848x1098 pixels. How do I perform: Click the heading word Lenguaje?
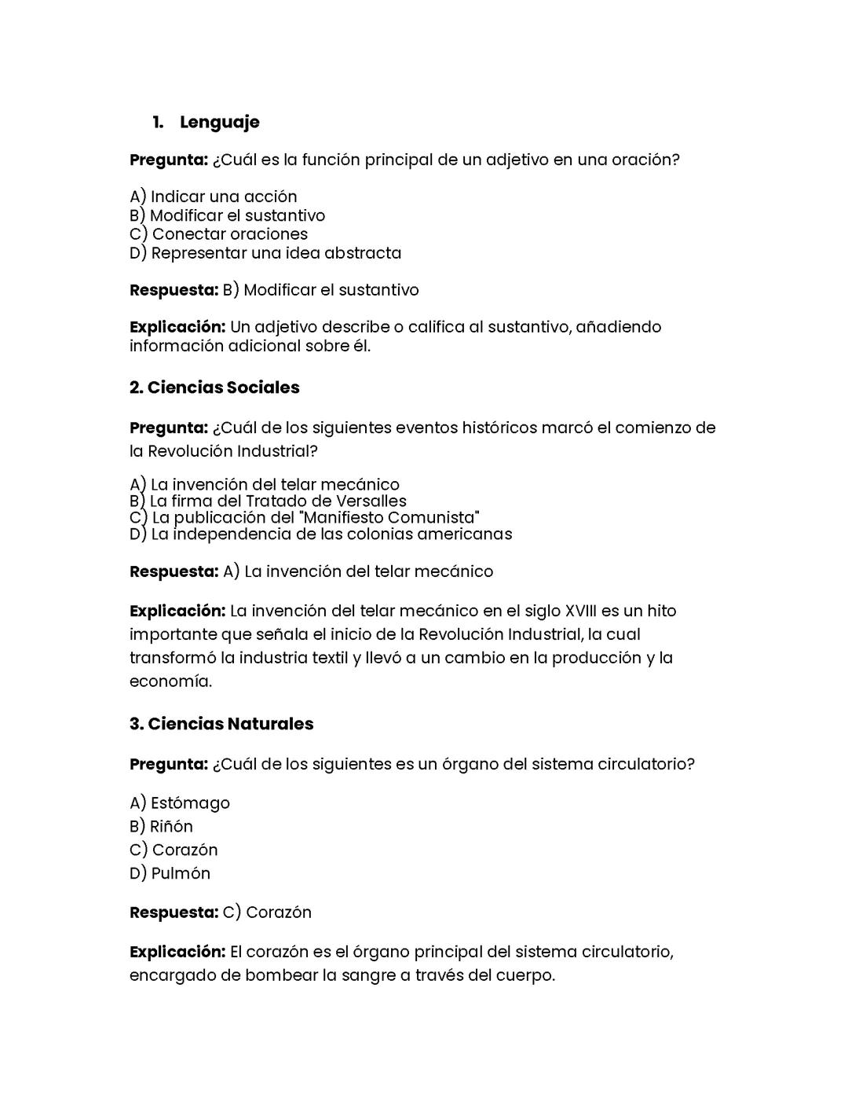pos(219,122)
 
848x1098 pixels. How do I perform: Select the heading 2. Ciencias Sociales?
pos(214,387)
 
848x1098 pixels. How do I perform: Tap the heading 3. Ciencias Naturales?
pos(221,724)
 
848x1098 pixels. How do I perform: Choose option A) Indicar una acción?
pos(214,196)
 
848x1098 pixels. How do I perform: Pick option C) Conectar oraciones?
pos(218,234)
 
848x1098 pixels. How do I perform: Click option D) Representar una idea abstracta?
pos(265,253)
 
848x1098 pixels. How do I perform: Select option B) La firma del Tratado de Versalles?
pos(268,501)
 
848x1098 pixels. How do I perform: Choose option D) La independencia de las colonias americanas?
pos(320,534)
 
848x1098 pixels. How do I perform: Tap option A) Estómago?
pos(180,802)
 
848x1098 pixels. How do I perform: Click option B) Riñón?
pos(161,826)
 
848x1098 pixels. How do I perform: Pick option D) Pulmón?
pos(170,873)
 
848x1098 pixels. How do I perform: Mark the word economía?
pos(170,681)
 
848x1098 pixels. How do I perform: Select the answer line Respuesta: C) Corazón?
pos(221,913)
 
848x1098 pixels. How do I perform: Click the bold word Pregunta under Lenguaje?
pos(168,160)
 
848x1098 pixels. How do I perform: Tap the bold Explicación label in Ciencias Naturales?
pos(177,952)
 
